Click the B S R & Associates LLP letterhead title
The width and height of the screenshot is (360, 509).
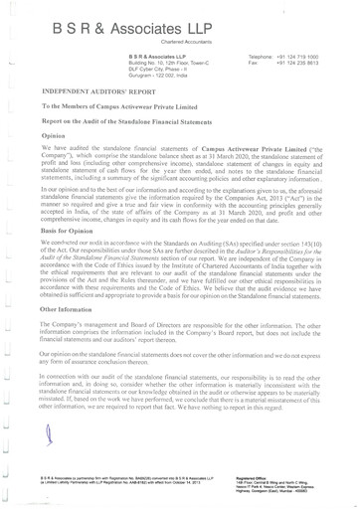pos(178,22)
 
